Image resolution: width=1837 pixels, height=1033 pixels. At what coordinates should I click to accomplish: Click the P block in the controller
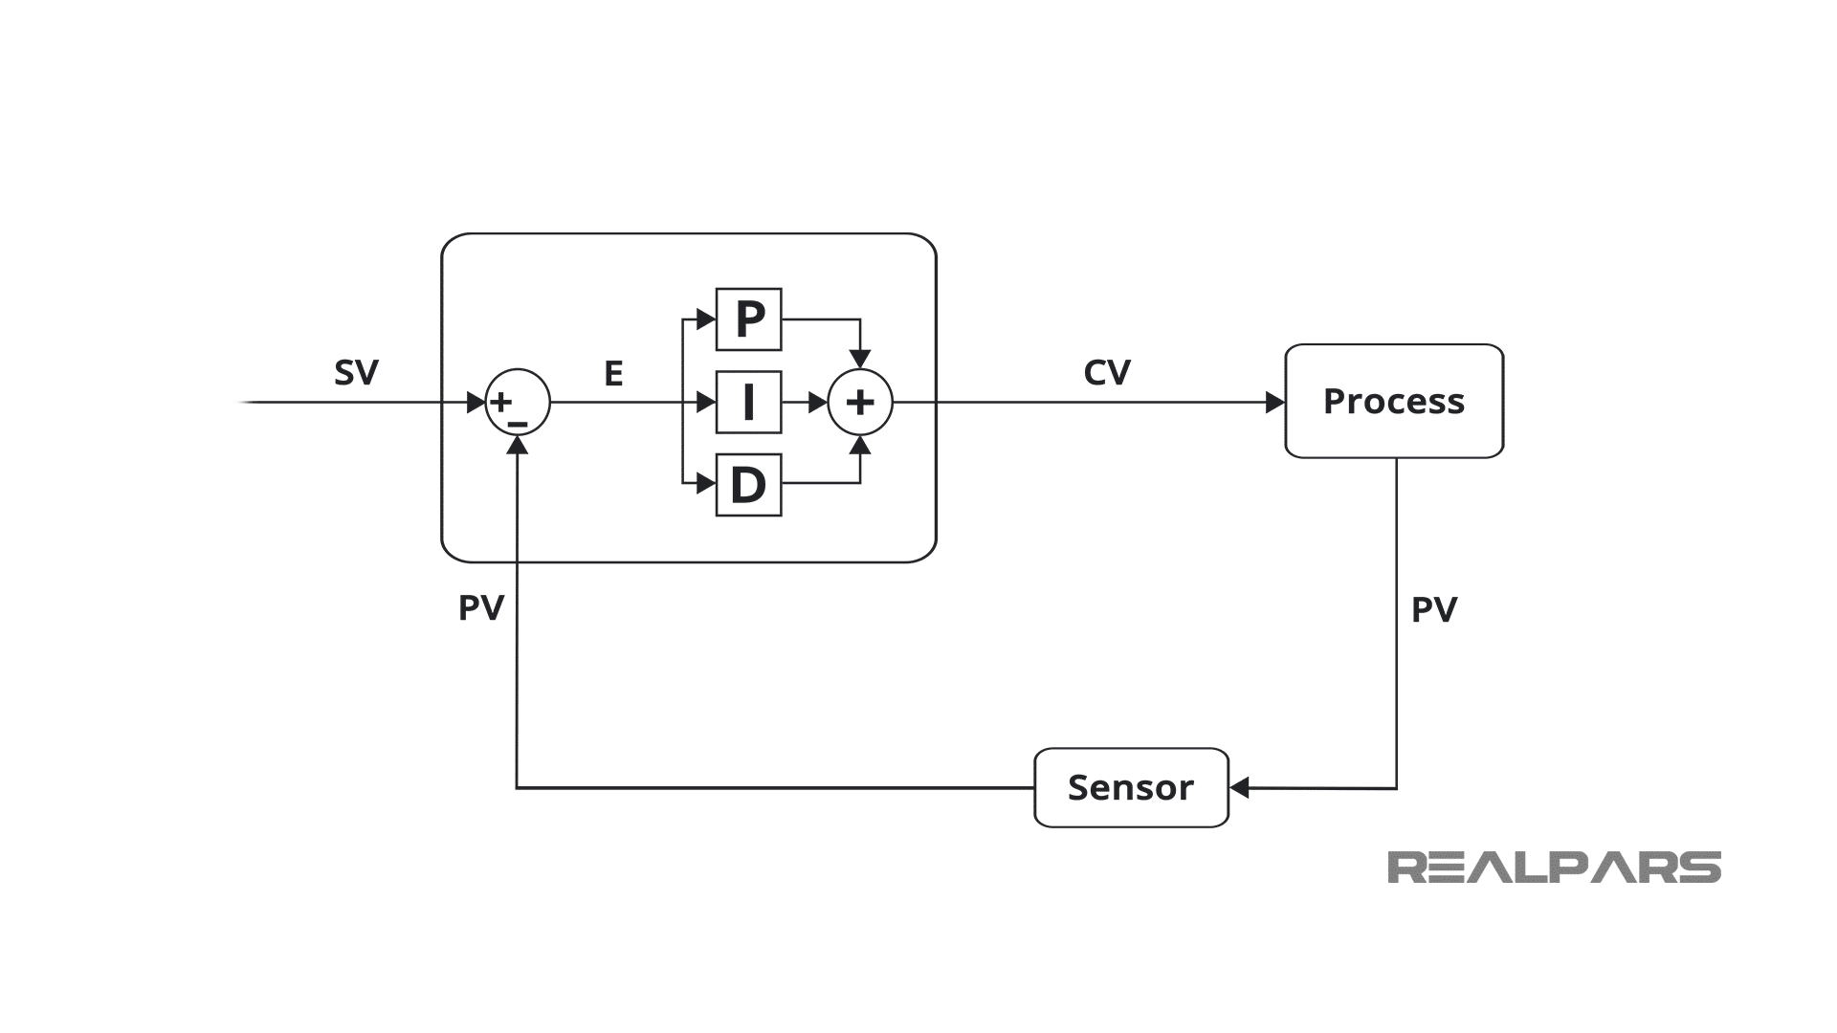click(x=749, y=319)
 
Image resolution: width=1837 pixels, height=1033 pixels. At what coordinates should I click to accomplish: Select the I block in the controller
click(x=749, y=403)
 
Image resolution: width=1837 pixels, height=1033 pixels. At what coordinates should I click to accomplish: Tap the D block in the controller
click(x=749, y=485)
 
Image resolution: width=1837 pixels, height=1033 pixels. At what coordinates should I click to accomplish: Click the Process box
click(x=1394, y=401)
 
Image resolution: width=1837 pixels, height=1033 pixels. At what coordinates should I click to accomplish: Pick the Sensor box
click(x=1131, y=787)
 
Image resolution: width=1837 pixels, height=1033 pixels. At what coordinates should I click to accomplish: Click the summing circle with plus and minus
click(x=518, y=402)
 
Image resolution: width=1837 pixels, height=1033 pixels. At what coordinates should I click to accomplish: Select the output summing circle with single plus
click(x=860, y=403)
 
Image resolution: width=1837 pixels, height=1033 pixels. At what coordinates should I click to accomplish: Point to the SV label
click(x=356, y=372)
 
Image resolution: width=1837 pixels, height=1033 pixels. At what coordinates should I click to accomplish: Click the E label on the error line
click(x=613, y=373)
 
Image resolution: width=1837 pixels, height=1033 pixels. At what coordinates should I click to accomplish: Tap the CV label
click(x=1107, y=372)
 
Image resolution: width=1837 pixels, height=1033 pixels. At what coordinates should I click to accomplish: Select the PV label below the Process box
click(x=1434, y=609)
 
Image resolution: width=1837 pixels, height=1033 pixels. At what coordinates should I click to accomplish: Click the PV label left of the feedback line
click(x=481, y=607)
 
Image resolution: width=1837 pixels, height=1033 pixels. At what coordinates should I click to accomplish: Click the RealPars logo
click(x=1554, y=868)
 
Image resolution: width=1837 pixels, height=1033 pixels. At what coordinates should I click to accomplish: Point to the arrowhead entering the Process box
click(x=1275, y=403)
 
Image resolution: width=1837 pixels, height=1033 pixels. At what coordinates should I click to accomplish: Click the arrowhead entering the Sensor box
click(x=1239, y=788)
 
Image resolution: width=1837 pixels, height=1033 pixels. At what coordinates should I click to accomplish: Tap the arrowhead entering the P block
click(x=707, y=319)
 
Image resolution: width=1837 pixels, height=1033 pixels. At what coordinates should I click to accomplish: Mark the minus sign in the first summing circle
click(x=518, y=423)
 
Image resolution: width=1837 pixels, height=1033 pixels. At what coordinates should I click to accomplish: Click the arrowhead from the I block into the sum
click(x=818, y=403)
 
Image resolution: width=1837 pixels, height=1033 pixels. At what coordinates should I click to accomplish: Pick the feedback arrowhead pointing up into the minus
click(x=518, y=445)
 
